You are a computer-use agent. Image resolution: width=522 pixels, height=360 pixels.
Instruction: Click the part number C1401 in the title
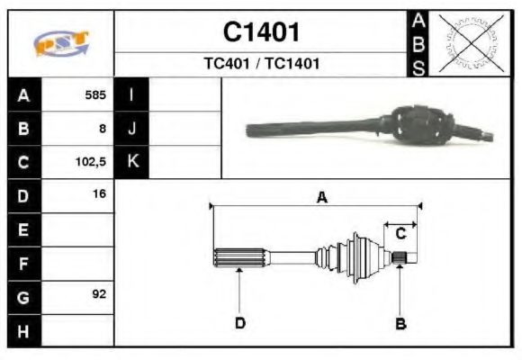click(x=261, y=32)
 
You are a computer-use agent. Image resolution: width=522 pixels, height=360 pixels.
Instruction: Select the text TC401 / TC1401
click(x=261, y=65)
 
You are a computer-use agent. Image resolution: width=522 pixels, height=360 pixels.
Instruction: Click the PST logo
click(x=61, y=43)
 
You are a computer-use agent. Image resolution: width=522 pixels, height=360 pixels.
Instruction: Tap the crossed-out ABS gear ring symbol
click(x=468, y=43)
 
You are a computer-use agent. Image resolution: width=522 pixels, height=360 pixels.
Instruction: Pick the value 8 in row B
click(x=103, y=129)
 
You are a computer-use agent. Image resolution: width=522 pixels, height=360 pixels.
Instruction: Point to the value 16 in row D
click(x=99, y=194)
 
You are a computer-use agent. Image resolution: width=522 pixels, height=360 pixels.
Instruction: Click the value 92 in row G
click(x=99, y=294)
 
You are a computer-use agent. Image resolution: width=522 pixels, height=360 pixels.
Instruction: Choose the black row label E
click(x=23, y=229)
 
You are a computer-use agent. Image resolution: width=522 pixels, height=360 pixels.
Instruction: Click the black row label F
click(x=23, y=263)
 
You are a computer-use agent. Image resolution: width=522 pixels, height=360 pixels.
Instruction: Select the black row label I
click(x=131, y=94)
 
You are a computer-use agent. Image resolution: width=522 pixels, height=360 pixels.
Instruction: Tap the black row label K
click(x=131, y=162)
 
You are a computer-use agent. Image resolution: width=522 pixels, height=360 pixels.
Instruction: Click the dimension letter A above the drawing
click(x=321, y=199)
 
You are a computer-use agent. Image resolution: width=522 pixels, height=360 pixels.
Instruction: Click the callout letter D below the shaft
click(x=240, y=323)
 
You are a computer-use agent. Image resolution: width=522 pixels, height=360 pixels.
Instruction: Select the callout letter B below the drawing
click(x=400, y=323)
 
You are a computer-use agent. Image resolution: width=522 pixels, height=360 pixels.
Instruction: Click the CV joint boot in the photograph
click(x=418, y=128)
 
